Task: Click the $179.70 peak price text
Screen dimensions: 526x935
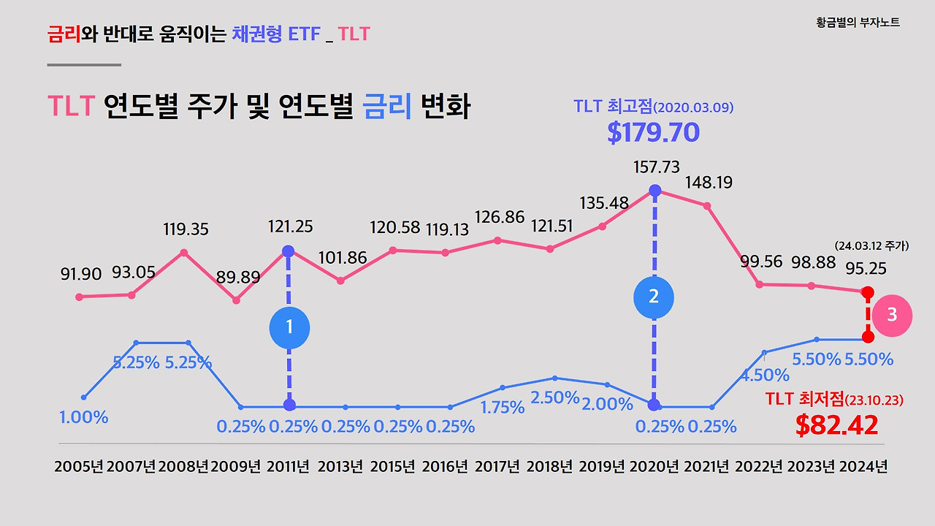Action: pos(653,132)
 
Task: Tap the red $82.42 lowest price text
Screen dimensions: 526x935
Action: pos(836,425)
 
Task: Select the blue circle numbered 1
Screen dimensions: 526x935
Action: pos(289,327)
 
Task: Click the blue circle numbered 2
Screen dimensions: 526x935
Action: pos(654,297)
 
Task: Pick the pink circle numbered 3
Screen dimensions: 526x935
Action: pos(892,315)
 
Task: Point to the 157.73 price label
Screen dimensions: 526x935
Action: pos(655,167)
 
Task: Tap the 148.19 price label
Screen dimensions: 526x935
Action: pos(708,182)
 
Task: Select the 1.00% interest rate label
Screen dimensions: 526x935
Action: pos(83,417)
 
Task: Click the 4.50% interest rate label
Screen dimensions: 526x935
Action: pos(765,376)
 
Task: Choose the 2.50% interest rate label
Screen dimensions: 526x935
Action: pos(554,398)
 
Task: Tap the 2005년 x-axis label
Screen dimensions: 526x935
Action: pos(79,467)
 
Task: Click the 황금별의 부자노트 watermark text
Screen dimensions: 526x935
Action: pos(858,23)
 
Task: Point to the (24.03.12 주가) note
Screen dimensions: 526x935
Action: pos(871,246)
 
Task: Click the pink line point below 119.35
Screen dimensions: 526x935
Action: pos(184,253)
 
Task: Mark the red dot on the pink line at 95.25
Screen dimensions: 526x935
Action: pos(868,292)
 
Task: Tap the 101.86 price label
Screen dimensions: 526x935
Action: pos(343,258)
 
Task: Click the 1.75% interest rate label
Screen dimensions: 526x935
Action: pos(503,407)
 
